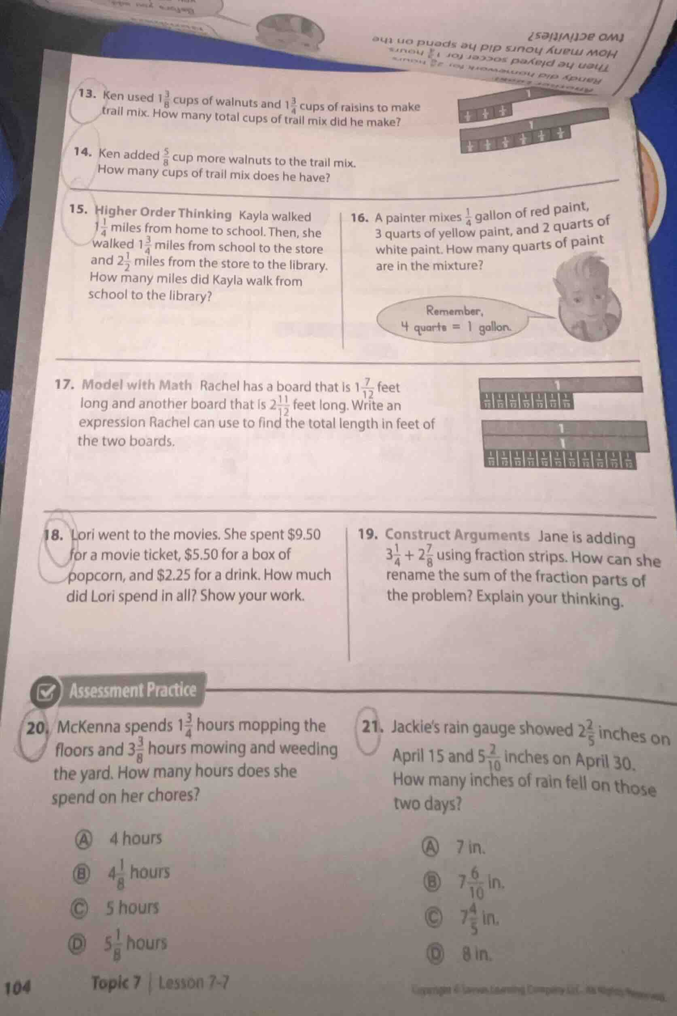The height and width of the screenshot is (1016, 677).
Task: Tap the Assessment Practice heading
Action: [x=133, y=690]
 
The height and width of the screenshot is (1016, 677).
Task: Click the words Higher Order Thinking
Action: [x=163, y=214]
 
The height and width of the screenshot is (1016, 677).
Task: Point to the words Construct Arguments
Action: [x=457, y=535]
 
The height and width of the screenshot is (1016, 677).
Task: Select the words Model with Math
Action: [x=136, y=384]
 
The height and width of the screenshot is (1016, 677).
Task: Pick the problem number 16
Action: [x=359, y=218]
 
